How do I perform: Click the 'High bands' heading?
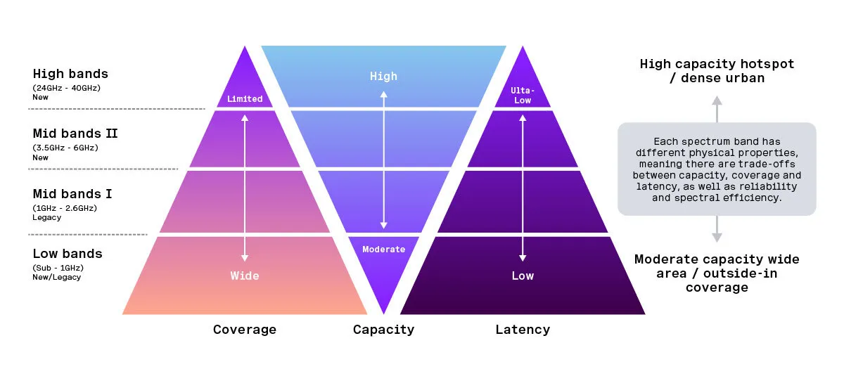(x=70, y=73)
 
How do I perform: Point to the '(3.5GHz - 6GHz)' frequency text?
(x=65, y=148)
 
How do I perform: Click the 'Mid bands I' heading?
(x=72, y=193)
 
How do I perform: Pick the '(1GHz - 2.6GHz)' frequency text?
(x=65, y=208)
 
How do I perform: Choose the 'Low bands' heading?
(x=68, y=253)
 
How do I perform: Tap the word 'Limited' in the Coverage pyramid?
(x=245, y=99)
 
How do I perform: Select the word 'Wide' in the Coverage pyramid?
(x=245, y=276)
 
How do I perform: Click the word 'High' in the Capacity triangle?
(x=383, y=76)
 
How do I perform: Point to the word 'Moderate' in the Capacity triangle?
(x=383, y=249)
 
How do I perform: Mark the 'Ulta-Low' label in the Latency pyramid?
(x=522, y=96)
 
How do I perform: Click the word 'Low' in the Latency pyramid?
(x=523, y=276)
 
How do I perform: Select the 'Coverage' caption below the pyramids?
(x=245, y=330)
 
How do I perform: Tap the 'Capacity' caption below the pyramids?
(x=383, y=330)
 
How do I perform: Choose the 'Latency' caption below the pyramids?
(x=523, y=330)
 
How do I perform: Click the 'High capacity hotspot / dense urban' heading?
(x=717, y=70)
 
